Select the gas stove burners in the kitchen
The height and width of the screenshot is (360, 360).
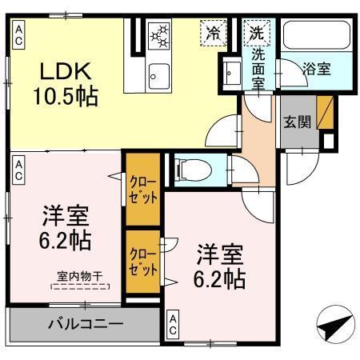pyautogui.click(x=161, y=37)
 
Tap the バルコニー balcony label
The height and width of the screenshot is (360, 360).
pyautogui.click(x=84, y=324)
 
